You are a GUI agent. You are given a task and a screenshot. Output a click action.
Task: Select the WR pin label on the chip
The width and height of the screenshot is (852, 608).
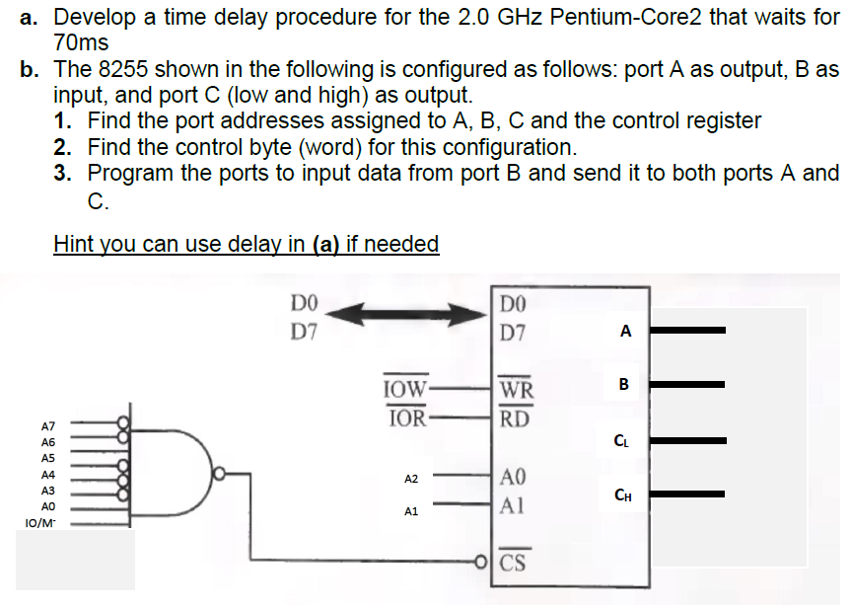pos(516,388)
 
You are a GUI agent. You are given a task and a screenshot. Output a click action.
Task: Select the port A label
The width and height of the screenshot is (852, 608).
pos(625,332)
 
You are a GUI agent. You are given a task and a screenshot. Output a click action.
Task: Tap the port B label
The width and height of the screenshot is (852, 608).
pos(624,382)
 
